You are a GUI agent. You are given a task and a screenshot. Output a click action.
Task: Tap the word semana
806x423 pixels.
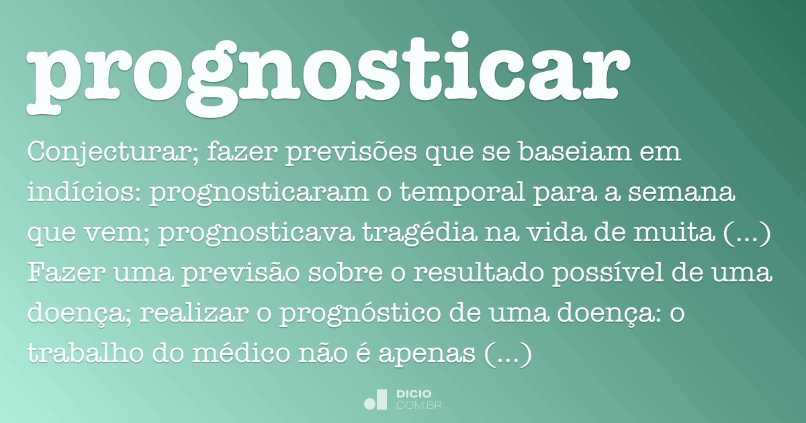(692, 195)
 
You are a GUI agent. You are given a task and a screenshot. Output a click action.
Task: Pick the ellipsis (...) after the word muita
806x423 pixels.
(750, 234)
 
